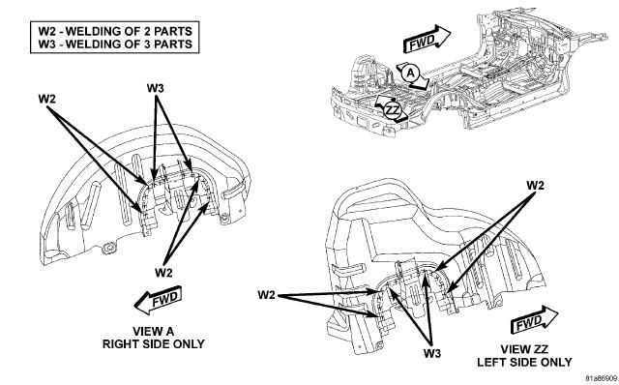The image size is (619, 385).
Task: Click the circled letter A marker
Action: point(411,74)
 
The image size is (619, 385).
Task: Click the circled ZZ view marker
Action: point(393,109)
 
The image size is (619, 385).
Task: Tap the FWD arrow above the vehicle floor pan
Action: point(427,39)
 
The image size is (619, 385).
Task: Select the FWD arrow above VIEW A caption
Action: point(159,300)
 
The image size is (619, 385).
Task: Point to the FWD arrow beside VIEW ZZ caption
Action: point(534,320)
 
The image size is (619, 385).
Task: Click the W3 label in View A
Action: point(155,88)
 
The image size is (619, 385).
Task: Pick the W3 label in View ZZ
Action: point(432,353)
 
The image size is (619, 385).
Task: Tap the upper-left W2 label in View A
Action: point(47,99)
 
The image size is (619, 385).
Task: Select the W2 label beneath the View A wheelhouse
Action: point(163,272)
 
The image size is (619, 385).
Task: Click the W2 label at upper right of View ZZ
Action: point(535,185)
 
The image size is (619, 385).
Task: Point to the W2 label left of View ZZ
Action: point(267,295)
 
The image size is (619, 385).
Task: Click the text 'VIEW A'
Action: point(153,331)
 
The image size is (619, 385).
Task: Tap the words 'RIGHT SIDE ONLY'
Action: point(153,344)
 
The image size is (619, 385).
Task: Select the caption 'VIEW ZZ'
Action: point(524,349)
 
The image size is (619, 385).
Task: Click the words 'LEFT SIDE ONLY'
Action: point(524,362)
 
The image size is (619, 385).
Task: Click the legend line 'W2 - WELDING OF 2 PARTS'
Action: point(115,31)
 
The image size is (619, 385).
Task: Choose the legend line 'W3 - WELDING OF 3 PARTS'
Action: point(115,44)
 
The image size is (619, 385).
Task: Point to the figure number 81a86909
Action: point(601,378)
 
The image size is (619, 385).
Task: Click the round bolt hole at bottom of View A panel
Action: point(107,249)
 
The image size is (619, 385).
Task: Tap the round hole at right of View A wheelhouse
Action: point(224,218)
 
